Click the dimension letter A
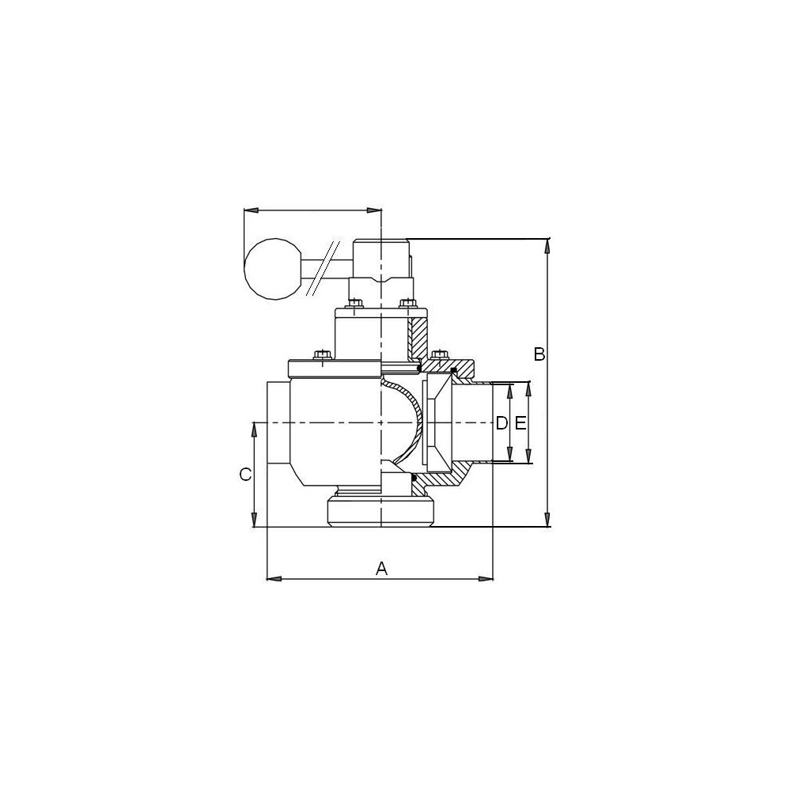[x=382, y=569]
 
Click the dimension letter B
[x=539, y=354]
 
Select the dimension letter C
[x=245, y=474]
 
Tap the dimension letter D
[x=501, y=422]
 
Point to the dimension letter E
[x=520, y=422]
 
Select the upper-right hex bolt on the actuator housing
[x=407, y=303]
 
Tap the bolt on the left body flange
[x=321, y=354]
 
